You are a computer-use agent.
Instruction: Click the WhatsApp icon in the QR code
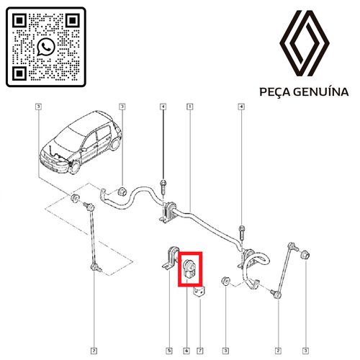(46, 47)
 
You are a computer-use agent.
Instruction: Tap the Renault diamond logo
(305, 43)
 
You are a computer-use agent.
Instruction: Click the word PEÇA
(275, 92)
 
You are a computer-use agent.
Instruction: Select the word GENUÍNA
(321, 92)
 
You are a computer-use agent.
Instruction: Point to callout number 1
(190, 107)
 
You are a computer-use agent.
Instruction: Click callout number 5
(169, 351)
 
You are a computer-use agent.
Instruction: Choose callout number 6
(186, 351)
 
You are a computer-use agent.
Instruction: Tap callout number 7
(199, 351)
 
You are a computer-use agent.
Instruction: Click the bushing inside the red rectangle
(189, 269)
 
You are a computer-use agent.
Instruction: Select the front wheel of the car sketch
(74, 167)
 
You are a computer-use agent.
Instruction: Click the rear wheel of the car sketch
(115, 143)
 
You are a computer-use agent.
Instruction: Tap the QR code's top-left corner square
(19, 20)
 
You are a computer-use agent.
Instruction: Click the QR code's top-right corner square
(73, 20)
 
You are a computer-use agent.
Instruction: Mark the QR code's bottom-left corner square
(19, 73)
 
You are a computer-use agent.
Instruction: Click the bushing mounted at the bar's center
(171, 210)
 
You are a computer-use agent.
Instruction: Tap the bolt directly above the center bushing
(163, 187)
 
